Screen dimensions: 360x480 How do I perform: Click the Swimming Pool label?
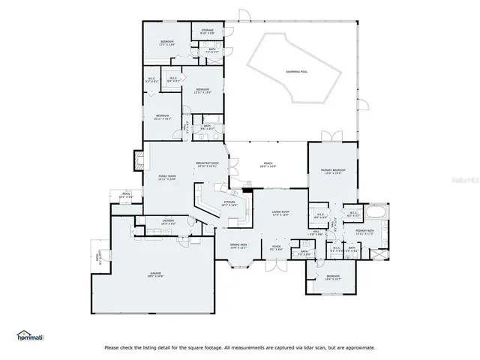[296, 71]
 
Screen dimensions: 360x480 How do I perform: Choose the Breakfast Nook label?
[207, 163]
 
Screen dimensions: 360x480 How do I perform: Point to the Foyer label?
[276, 248]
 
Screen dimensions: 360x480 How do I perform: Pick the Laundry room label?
[168, 220]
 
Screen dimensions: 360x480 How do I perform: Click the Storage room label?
[207, 31]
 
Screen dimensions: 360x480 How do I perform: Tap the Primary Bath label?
[365, 231]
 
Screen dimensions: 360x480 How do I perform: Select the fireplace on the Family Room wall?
[137, 159]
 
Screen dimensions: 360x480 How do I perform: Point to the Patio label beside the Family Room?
[124, 196]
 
